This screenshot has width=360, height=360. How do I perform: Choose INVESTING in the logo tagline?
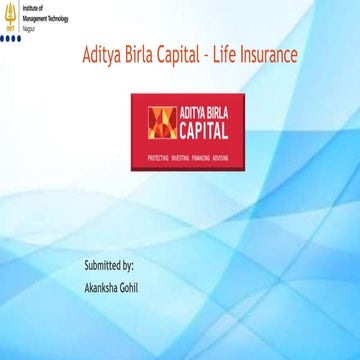pos(182,157)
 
